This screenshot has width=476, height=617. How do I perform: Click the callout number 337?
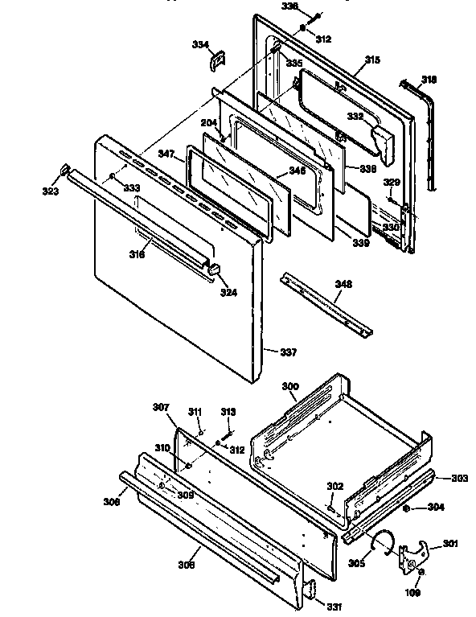(287, 352)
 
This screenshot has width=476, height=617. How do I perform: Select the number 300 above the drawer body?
(289, 387)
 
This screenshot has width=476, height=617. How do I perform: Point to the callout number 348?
(343, 284)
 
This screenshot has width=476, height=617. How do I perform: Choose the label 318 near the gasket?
(430, 79)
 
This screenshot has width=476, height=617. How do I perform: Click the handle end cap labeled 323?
(62, 168)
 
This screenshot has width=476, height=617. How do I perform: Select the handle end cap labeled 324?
(214, 268)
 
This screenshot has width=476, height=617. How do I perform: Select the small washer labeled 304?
(408, 508)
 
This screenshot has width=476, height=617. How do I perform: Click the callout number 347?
(166, 152)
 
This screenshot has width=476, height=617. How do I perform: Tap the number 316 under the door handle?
(137, 255)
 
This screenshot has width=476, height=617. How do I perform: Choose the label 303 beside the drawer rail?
(458, 479)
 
